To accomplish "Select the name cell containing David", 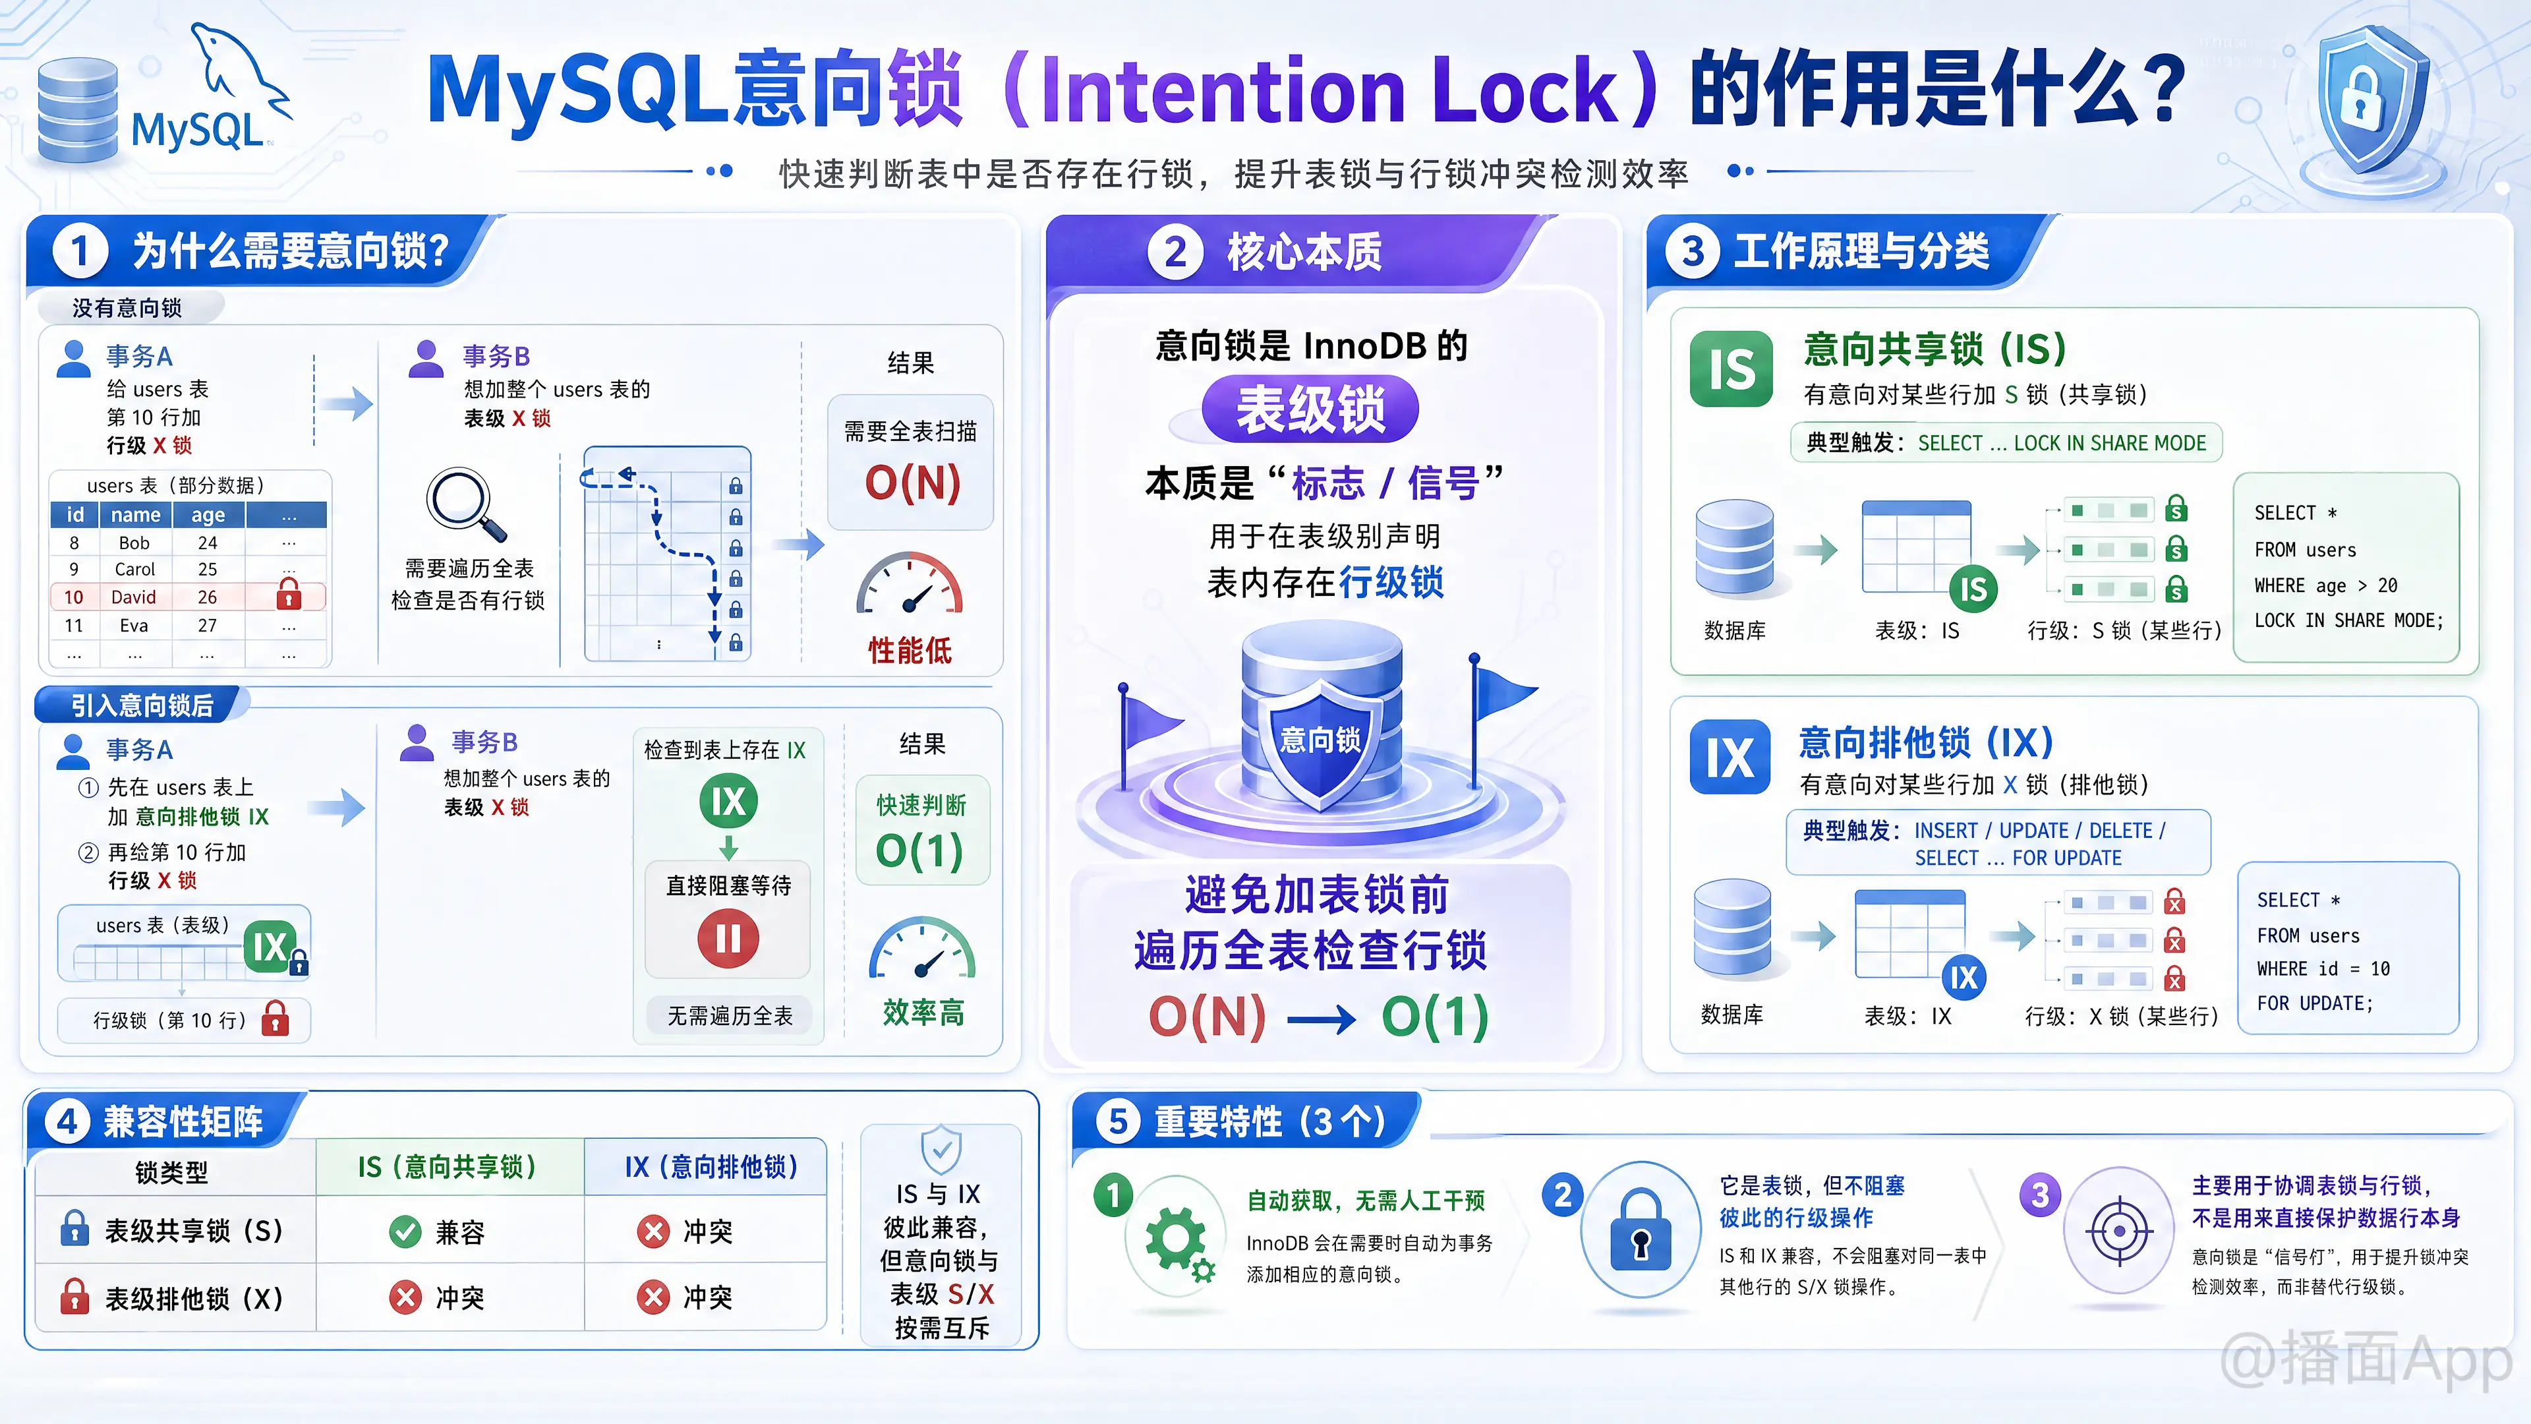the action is (x=134, y=597).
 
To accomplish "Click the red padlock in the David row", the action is (x=288, y=595).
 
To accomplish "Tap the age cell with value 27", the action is (x=208, y=625).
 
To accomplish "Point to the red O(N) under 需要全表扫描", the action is (x=912, y=483).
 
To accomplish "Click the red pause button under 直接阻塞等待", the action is (x=728, y=939).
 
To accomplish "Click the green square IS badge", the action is (x=1731, y=369).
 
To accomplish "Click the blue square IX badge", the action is (x=1730, y=757).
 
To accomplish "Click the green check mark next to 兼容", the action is (x=405, y=1231).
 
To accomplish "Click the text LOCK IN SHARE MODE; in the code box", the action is (x=2348, y=621).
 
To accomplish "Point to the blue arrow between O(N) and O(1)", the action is (x=1322, y=1020).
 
